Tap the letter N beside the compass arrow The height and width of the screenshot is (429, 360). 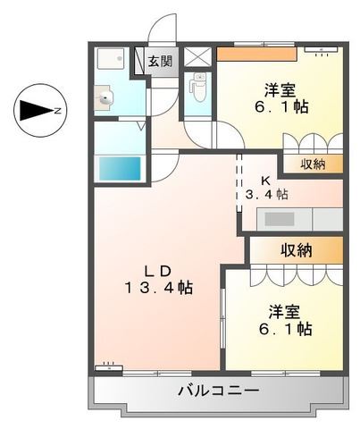56,111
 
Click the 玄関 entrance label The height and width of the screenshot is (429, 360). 161,62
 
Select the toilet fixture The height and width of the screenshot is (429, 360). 199,88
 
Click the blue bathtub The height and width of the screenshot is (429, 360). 119,167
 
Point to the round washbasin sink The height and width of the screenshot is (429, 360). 106,99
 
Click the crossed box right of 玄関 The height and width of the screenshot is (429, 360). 198,58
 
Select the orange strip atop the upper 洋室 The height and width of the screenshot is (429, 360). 257,53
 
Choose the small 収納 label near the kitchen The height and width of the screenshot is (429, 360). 313,163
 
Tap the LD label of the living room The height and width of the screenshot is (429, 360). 160,269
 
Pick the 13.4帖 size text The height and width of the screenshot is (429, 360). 159,289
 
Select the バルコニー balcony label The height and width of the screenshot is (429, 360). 218,391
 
